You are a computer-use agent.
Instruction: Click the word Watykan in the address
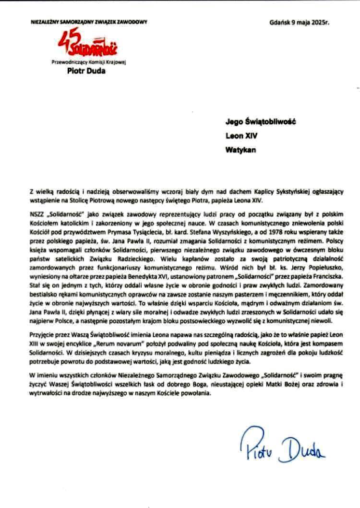click(239, 149)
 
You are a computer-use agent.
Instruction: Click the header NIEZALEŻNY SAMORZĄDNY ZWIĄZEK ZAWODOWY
click(88, 22)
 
